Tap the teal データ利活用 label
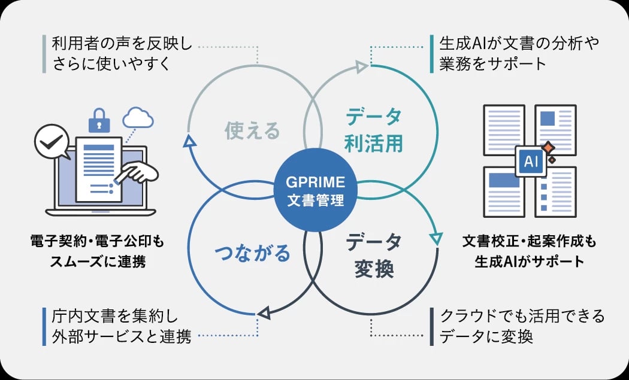tap(374, 130)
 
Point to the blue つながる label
tap(252, 254)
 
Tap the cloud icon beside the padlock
tap(137, 117)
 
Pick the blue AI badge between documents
tap(531, 161)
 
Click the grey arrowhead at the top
tap(361, 66)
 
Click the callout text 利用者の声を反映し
tap(122, 44)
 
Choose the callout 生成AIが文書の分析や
tap(519, 44)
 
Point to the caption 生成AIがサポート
tap(529, 262)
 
